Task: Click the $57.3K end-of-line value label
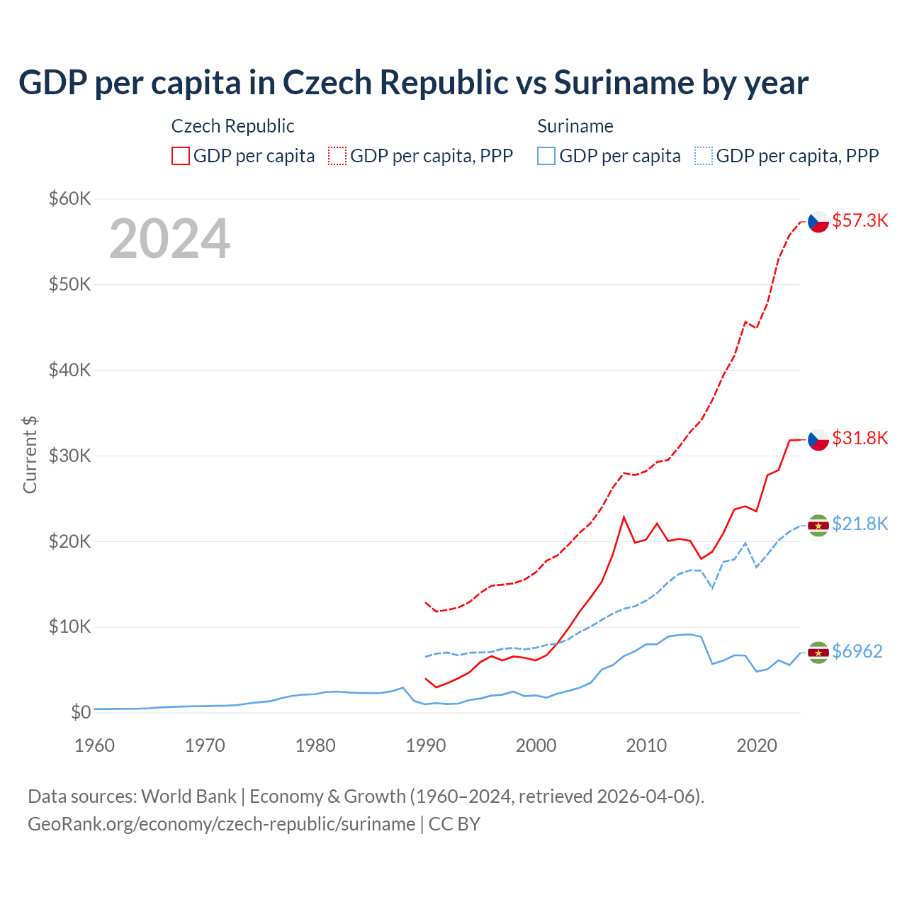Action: [x=860, y=220]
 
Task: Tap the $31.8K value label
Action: [x=860, y=438]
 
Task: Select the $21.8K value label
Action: [x=860, y=524]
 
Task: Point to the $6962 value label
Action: [x=857, y=651]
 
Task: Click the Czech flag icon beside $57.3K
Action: [x=818, y=222]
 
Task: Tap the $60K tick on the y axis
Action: [x=69, y=198]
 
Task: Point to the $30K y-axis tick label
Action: [x=69, y=456]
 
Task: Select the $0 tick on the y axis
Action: [x=81, y=712]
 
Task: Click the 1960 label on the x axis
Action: [x=94, y=745]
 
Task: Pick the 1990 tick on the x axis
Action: [x=426, y=745]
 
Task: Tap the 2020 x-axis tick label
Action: [x=757, y=745]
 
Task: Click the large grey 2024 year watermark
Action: [x=169, y=239]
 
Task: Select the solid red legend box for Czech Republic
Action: [x=181, y=156]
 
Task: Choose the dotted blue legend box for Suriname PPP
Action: [x=704, y=156]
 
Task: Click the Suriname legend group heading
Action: [x=575, y=126]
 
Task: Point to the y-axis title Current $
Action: [x=30, y=455]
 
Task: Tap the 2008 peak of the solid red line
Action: [x=624, y=517]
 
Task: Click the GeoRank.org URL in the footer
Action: [x=221, y=824]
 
